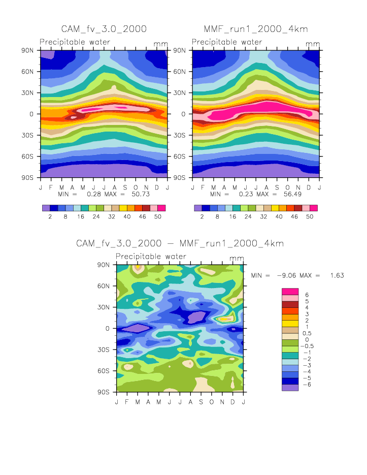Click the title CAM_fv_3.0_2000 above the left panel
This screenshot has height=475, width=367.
click(x=104, y=28)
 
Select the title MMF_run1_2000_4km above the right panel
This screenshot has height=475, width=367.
click(x=256, y=28)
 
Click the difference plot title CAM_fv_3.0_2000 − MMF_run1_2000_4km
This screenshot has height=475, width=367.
click(x=180, y=243)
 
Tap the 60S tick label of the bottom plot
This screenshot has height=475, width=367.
click(x=105, y=371)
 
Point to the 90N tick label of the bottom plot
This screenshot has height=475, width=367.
click(x=105, y=265)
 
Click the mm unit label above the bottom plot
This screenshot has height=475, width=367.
click(x=237, y=259)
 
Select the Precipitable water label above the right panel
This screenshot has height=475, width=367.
click(x=227, y=42)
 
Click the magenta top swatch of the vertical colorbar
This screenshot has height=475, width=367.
click(x=290, y=291)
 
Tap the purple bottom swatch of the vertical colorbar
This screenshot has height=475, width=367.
click(x=290, y=388)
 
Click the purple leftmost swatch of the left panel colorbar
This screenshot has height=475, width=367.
click(x=46, y=208)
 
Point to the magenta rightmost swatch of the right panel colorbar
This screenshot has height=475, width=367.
click(x=314, y=208)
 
